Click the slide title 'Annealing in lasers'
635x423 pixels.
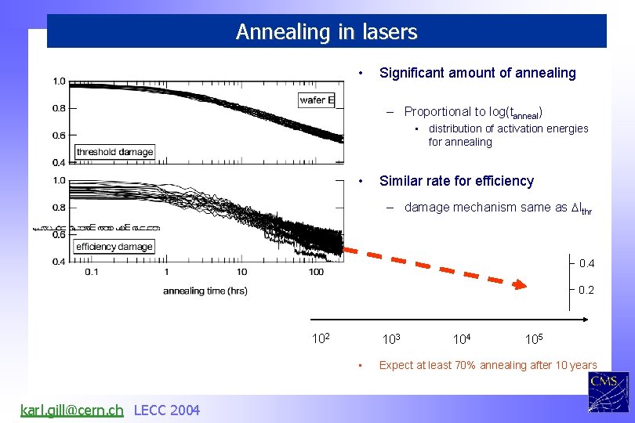click(326, 32)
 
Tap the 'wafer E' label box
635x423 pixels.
click(317, 99)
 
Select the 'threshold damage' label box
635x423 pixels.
click(114, 152)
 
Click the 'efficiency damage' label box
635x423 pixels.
click(114, 247)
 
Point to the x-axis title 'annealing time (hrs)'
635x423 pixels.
click(205, 291)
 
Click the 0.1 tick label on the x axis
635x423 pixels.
click(91, 273)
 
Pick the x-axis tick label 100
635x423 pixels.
click(316, 273)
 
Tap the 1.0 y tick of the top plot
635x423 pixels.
click(60, 81)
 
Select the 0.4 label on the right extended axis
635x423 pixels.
click(586, 264)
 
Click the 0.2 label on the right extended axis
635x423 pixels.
click(586, 291)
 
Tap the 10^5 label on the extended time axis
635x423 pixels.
click(535, 338)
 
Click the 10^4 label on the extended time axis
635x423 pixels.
click(462, 338)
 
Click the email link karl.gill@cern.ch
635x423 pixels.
click(71, 410)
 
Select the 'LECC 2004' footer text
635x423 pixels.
click(167, 410)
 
